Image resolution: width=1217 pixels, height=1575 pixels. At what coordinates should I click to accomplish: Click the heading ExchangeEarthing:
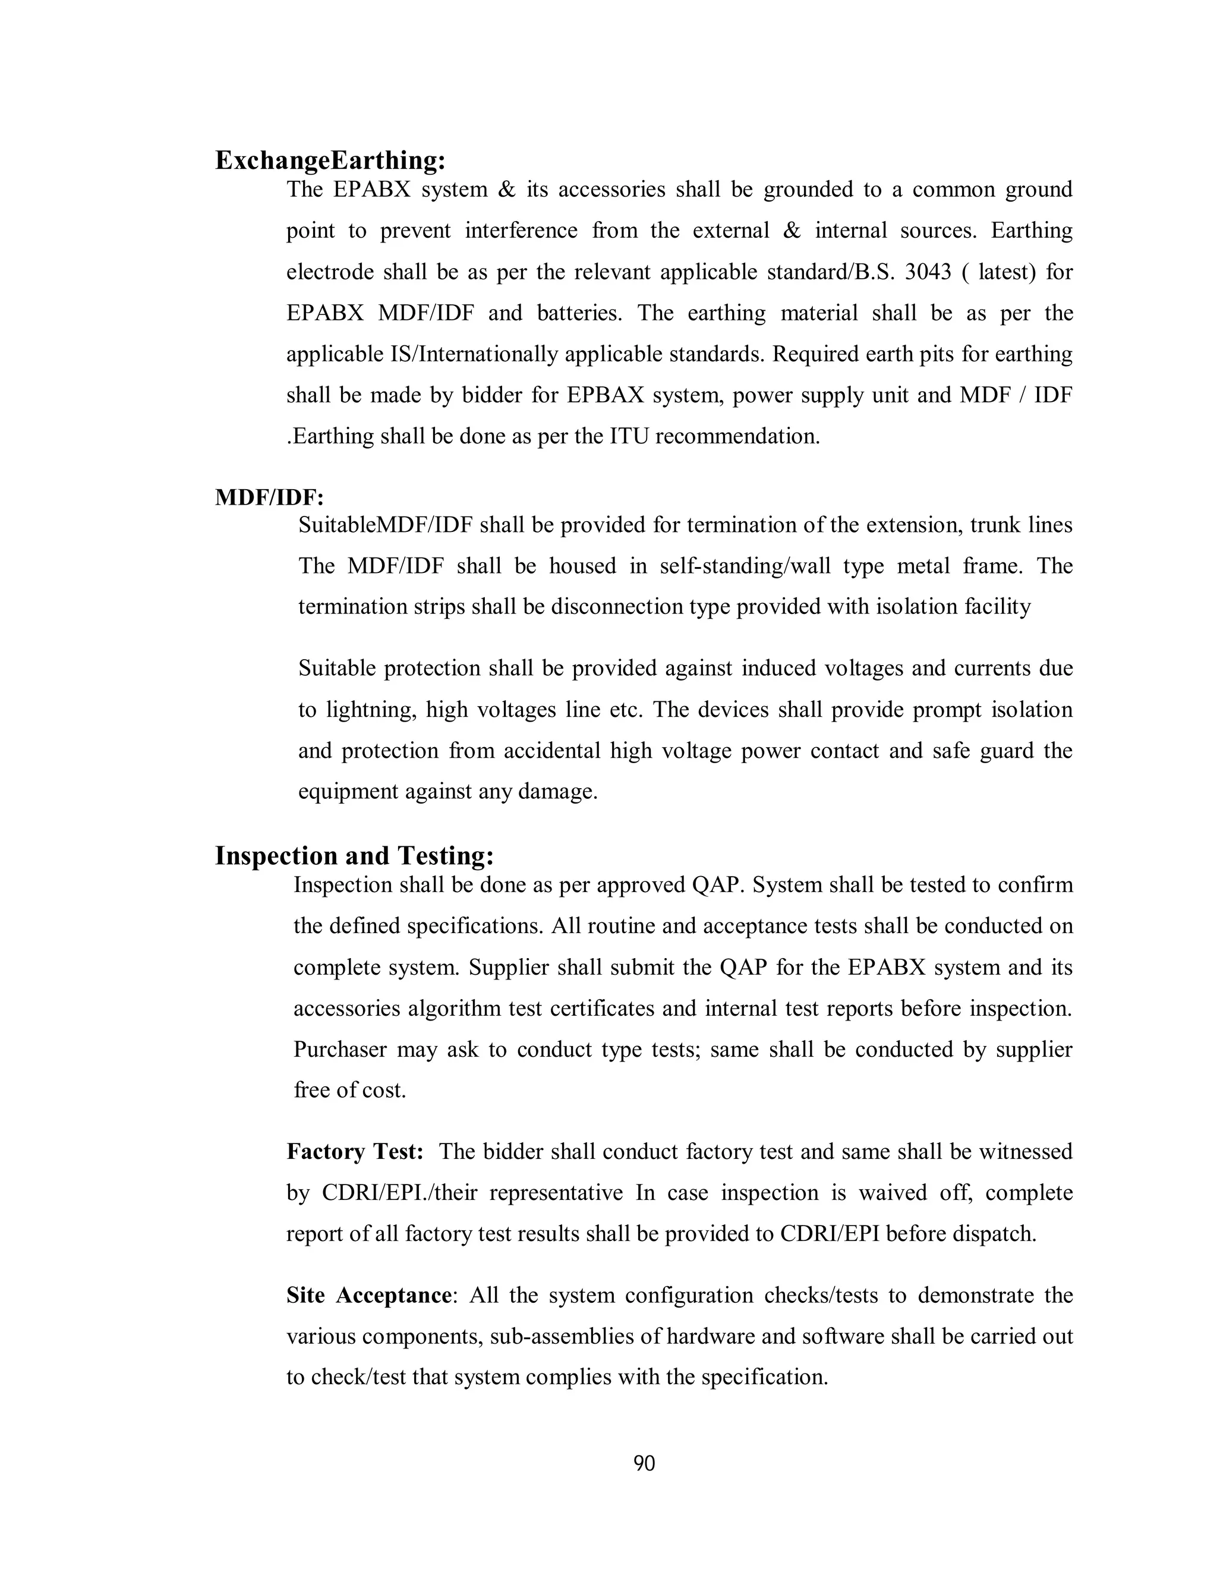point(330,160)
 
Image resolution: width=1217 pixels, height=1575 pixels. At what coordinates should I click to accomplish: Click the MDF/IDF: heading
point(270,497)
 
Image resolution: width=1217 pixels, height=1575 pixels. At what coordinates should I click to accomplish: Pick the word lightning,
point(371,710)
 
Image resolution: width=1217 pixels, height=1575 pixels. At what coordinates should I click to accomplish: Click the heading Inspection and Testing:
point(354,856)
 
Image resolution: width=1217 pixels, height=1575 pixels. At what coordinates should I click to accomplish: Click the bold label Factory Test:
point(355,1152)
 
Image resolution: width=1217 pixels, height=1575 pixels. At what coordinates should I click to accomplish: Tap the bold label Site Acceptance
point(369,1295)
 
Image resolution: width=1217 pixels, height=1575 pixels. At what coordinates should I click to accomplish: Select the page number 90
point(644,1463)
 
